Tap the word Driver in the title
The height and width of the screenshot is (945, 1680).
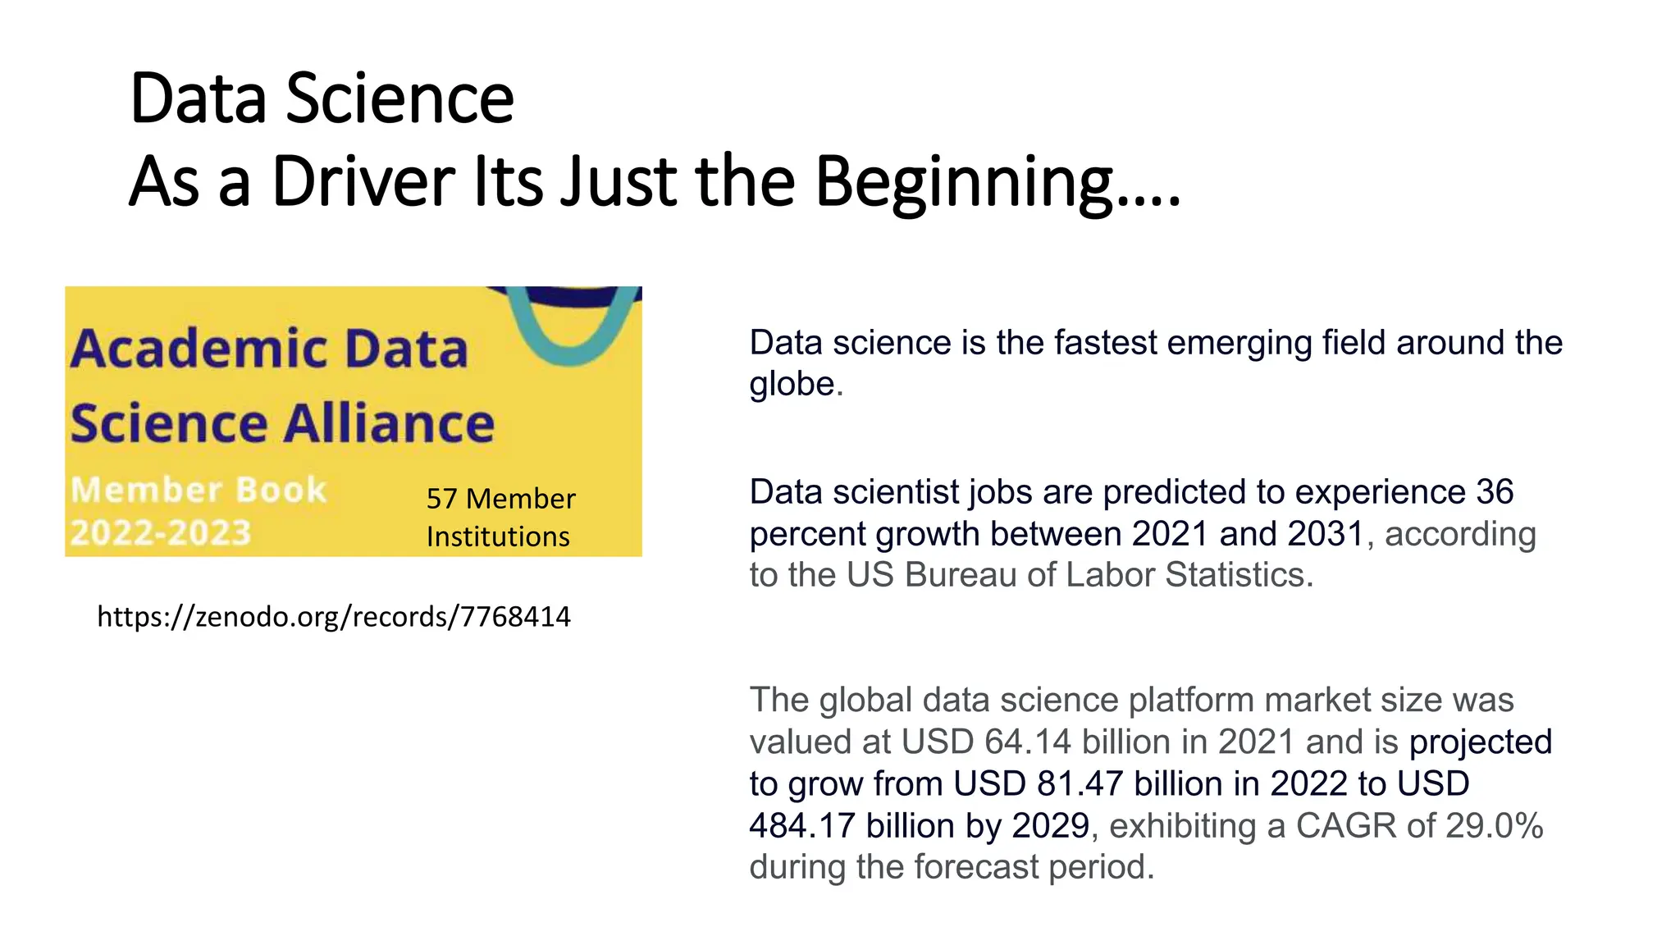(x=363, y=181)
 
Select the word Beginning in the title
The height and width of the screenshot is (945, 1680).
(x=965, y=183)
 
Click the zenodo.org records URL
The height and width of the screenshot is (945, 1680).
(x=333, y=616)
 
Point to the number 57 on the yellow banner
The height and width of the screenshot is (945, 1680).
(x=441, y=499)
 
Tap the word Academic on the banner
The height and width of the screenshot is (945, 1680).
(x=199, y=349)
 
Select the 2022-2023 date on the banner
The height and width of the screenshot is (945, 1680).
(x=161, y=532)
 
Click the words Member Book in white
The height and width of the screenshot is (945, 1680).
(x=199, y=490)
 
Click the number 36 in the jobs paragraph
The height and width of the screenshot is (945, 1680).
(x=1495, y=492)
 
